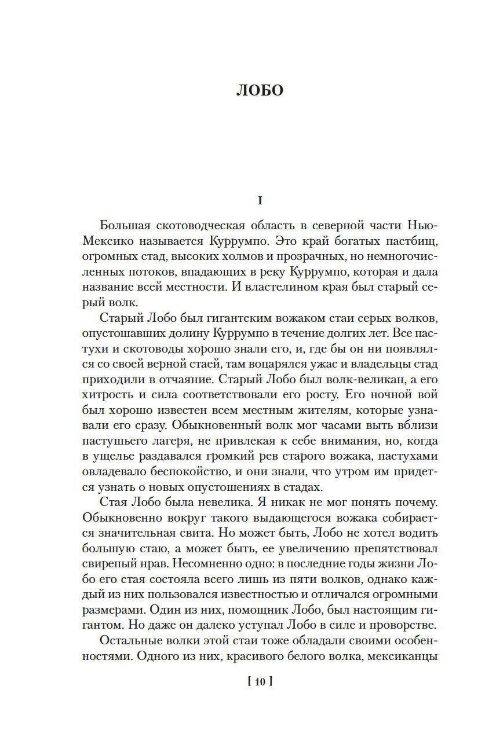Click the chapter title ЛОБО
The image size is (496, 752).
click(260, 91)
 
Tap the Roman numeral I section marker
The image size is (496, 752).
click(260, 201)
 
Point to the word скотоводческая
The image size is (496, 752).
click(198, 225)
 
